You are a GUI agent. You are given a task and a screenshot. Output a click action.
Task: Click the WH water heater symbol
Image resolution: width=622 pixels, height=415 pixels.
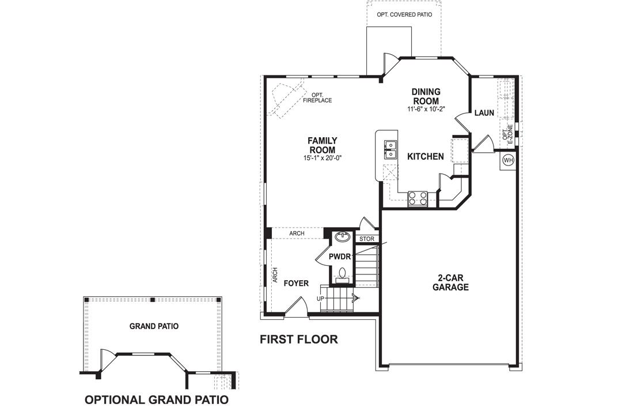(x=508, y=160)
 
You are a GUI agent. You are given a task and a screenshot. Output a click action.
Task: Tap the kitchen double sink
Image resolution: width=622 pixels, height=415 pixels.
(x=390, y=149)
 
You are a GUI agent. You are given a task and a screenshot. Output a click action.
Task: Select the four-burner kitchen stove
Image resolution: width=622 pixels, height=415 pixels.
(x=418, y=198)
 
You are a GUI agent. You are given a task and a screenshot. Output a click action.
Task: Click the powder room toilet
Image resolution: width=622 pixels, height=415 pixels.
(x=342, y=273)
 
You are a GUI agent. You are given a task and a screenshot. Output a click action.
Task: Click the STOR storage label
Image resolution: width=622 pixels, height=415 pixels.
(x=366, y=239)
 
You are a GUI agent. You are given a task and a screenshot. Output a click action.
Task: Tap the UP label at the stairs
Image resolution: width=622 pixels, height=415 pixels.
(x=321, y=299)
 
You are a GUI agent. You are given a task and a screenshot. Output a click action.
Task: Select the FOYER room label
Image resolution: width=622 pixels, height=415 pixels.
(x=297, y=284)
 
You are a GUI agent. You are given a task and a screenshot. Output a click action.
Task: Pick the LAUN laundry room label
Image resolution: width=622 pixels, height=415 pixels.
(x=484, y=112)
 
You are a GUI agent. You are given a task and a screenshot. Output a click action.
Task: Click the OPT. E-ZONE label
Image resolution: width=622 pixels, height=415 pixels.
(x=507, y=133)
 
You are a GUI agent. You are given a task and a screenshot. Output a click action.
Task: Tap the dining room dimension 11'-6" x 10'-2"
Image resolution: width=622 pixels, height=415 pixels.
(x=426, y=109)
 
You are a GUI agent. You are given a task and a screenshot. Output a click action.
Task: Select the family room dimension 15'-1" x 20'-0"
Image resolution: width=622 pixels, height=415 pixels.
(x=323, y=158)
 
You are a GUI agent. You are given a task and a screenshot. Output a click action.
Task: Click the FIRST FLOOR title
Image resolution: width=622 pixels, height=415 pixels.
(x=298, y=339)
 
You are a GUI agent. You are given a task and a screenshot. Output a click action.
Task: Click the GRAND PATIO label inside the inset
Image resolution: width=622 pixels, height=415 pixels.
(x=154, y=326)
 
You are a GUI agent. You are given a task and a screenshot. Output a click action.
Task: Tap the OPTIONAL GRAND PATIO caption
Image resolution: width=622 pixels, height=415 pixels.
(x=156, y=399)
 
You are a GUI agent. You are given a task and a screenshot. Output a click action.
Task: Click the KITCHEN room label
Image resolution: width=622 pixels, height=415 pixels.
(x=426, y=156)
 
